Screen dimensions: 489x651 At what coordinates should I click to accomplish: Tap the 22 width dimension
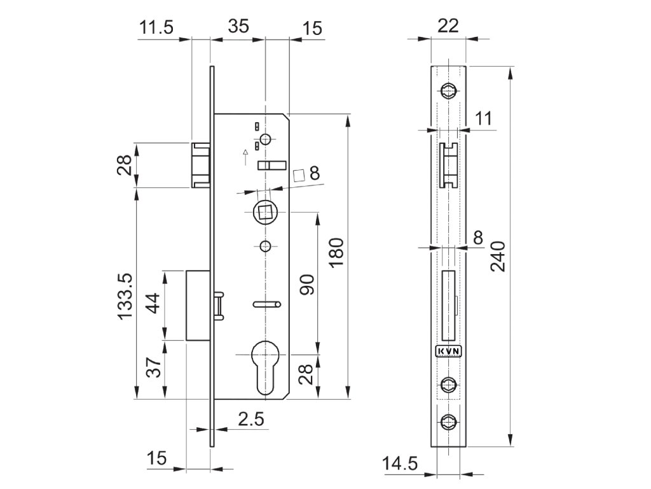pos(448,25)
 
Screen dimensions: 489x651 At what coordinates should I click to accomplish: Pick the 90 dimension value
pos(307,283)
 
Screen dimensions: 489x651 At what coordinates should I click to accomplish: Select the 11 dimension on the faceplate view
pos(484,118)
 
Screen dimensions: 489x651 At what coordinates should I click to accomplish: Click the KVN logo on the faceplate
pos(448,351)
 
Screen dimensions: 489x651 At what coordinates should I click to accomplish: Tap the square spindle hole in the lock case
pos(263,211)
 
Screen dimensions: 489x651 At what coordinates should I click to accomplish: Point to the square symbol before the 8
pos(298,174)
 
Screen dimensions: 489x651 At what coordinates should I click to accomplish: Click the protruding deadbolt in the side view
pos(197,305)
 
